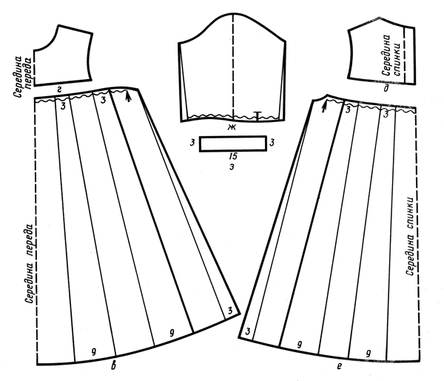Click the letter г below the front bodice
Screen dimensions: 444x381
(x=59, y=90)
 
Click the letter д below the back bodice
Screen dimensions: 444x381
(x=386, y=89)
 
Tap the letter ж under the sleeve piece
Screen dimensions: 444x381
(x=232, y=127)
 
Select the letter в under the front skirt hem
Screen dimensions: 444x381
(x=113, y=366)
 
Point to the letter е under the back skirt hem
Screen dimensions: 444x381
(x=340, y=367)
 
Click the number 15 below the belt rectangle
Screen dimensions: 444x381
(x=233, y=157)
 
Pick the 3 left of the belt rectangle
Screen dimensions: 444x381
(x=192, y=143)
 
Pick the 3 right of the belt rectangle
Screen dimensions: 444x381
(x=272, y=143)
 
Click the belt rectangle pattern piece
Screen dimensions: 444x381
(x=233, y=144)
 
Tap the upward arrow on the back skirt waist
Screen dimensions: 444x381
(x=324, y=107)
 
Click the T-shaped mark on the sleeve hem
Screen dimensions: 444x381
(x=257, y=115)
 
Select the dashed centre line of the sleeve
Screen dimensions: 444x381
(x=233, y=67)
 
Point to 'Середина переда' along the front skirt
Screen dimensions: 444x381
(x=30, y=264)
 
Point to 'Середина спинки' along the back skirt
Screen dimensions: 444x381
(x=411, y=235)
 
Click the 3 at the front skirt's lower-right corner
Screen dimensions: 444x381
(x=230, y=311)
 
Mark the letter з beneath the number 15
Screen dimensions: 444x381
(x=232, y=167)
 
